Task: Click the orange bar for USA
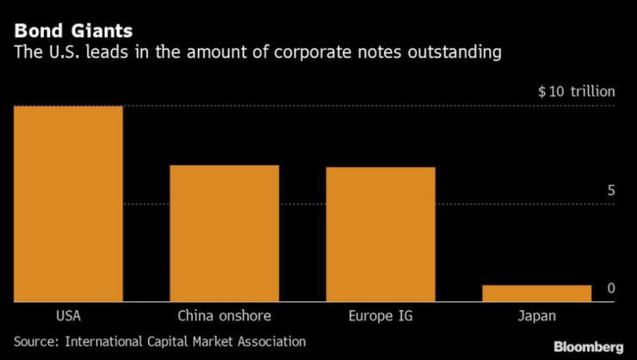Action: click(67, 203)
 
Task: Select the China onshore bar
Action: click(224, 233)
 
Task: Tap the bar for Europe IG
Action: click(380, 233)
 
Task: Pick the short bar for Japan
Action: click(536, 293)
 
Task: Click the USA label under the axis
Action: click(67, 316)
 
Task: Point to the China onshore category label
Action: click(224, 316)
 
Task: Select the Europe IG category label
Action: click(380, 316)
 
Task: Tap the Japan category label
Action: click(537, 316)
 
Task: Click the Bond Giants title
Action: click(73, 32)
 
